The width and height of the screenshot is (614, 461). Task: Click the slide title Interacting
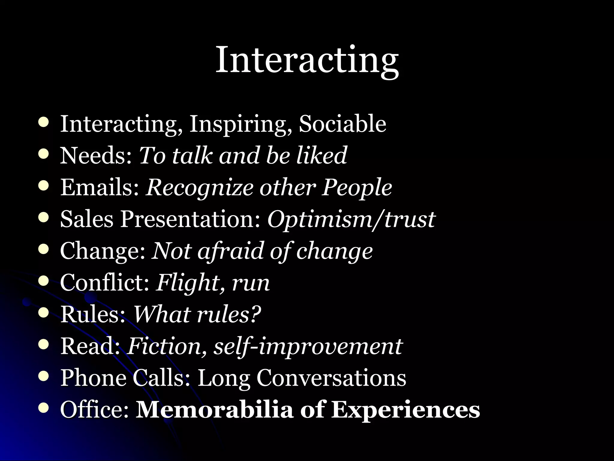point(307,60)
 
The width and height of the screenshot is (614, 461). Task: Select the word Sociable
point(342,124)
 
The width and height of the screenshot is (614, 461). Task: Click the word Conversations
point(331,378)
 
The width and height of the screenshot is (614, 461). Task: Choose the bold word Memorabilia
point(214,409)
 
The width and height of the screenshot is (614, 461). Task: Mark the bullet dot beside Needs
point(44,154)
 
